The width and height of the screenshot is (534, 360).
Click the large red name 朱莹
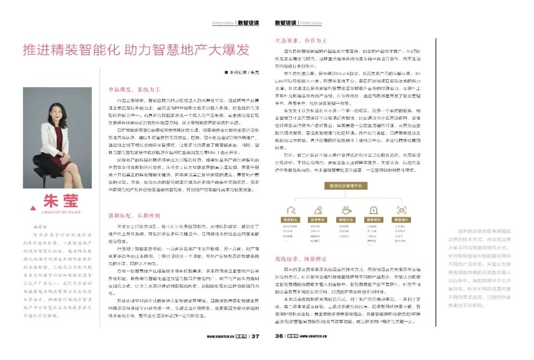coord(61,201)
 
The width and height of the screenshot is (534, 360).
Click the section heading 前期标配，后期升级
coord(128,216)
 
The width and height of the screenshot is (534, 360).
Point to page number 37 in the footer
coord(255,336)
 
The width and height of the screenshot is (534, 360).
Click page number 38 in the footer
coord(279,336)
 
